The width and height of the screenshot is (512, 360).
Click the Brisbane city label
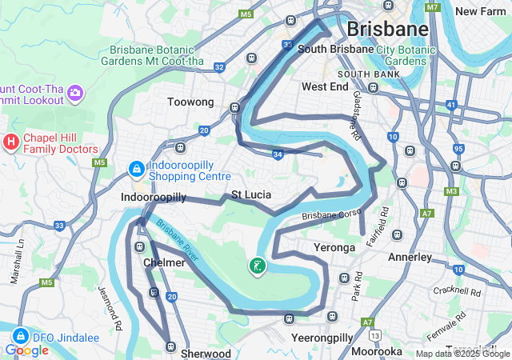tap(387, 30)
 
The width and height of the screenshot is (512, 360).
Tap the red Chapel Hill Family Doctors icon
tap(11, 142)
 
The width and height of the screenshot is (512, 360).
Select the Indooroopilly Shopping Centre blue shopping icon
tap(137, 170)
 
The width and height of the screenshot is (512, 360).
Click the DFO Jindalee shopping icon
tap(21, 337)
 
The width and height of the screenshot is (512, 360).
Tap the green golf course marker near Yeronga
tap(258, 266)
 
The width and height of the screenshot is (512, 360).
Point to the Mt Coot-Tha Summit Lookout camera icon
tap(75, 94)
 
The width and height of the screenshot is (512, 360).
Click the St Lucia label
tap(251, 194)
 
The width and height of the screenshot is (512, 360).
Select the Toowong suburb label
tap(190, 102)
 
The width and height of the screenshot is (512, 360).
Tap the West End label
tap(324, 86)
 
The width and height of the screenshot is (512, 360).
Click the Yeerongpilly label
tap(322, 338)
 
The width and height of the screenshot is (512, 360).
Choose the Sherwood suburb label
tap(206, 353)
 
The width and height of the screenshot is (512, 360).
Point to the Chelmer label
tap(164, 262)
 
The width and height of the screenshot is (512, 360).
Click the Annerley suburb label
tap(410, 258)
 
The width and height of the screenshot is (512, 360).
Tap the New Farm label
tap(482, 11)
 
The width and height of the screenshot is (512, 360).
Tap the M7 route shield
tap(433, 8)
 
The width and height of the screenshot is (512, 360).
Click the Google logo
tap(26, 350)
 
